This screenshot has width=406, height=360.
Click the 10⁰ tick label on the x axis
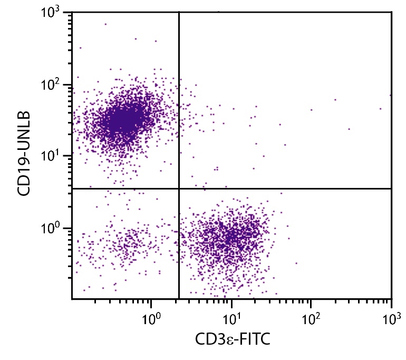pyautogui.click(x=152, y=318)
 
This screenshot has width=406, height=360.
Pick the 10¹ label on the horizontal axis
pyautogui.click(x=231, y=318)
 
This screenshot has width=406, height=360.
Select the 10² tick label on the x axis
pyautogui.click(x=311, y=318)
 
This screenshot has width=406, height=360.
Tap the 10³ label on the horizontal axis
pyautogui.click(x=391, y=318)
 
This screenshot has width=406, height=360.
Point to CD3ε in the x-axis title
pyautogui.click(x=210, y=339)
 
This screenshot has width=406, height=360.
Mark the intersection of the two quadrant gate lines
pyautogui.click(x=179, y=188)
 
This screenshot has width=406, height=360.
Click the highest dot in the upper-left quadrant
pyautogui.click(x=105, y=24)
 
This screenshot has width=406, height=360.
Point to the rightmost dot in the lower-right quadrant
pyautogui.click(x=296, y=263)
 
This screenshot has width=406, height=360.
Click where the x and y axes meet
pyautogui.click(x=72, y=299)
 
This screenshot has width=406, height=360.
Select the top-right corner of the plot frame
pyautogui.click(x=391, y=12)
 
